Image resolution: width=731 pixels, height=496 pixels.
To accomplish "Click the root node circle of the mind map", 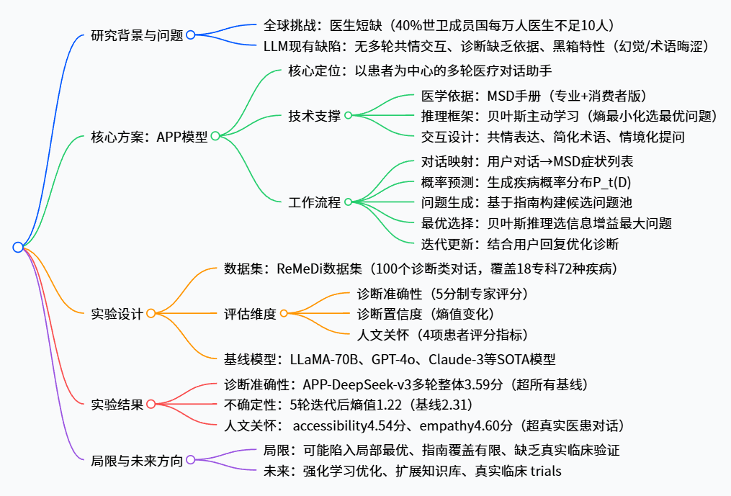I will click(x=18, y=247).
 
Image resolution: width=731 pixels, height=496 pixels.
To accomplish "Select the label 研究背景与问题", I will click(x=137, y=35).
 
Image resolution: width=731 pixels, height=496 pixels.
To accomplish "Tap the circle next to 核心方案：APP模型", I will click(x=215, y=135).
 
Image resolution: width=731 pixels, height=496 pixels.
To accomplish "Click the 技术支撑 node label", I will click(x=314, y=115).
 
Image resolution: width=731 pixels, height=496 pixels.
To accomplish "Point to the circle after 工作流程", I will click(x=348, y=202).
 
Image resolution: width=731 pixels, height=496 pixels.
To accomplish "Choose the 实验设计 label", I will click(x=117, y=313).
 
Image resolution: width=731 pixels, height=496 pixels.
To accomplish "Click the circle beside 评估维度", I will click(x=284, y=313).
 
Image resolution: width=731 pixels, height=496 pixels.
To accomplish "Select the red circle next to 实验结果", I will click(x=151, y=404).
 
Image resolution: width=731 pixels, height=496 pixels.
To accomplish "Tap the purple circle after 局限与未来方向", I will click(x=190, y=460).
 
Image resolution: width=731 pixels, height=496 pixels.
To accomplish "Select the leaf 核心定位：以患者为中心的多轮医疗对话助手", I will click(x=419, y=71).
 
